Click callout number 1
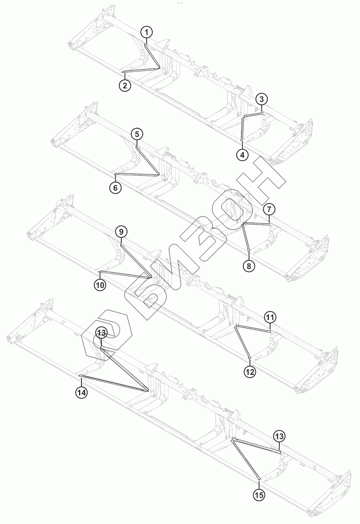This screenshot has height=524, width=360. (x=147, y=32)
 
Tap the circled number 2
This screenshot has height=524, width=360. (x=125, y=85)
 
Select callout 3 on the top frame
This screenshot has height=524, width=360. (x=262, y=99)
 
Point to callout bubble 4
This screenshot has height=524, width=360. (x=242, y=154)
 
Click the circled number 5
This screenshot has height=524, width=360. (x=137, y=133)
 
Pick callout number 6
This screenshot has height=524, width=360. (x=115, y=187)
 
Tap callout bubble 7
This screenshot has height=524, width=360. (x=270, y=209)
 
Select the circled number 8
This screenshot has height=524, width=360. (x=249, y=266)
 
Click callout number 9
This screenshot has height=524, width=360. (x=121, y=231)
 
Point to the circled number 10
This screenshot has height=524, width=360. (x=100, y=285)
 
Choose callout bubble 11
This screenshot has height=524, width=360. (x=270, y=317)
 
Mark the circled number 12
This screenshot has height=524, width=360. (x=250, y=372)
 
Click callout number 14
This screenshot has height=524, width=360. (x=81, y=393)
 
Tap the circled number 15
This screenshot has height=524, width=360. (x=259, y=495)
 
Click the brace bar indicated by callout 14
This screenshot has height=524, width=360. (x=113, y=383)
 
